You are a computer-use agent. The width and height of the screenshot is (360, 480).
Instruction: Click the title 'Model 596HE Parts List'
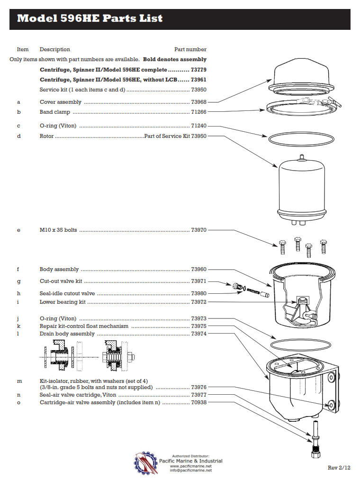(x=90, y=18)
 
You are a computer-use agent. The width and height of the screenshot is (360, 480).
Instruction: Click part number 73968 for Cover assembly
(x=198, y=102)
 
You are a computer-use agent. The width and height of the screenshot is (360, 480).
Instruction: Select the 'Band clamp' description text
(x=55, y=112)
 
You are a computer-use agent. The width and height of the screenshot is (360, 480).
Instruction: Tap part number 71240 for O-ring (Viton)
(x=198, y=126)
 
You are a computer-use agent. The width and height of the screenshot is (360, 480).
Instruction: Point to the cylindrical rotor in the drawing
(x=300, y=187)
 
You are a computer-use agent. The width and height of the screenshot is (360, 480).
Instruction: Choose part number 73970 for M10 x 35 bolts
(x=198, y=230)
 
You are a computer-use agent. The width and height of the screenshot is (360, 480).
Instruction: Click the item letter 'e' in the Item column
(x=18, y=230)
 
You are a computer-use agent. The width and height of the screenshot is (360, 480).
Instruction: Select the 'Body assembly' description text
(x=59, y=269)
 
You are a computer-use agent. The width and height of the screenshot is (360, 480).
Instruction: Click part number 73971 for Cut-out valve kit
(x=198, y=281)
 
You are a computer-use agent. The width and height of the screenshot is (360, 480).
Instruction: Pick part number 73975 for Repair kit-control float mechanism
(x=198, y=326)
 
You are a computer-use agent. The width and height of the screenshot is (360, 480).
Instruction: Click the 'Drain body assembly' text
(x=67, y=334)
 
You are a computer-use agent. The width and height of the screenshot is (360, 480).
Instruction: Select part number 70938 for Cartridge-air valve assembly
(x=198, y=403)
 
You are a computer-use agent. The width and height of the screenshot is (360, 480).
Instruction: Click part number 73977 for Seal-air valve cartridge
(x=198, y=395)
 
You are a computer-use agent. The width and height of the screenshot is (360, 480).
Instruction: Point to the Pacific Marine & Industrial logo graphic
(x=145, y=462)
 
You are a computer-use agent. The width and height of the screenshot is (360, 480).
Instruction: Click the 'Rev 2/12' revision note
(x=339, y=468)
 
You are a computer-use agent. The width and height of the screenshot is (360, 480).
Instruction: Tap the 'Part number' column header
(x=190, y=49)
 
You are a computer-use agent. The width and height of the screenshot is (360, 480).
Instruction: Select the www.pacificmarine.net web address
(x=190, y=466)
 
